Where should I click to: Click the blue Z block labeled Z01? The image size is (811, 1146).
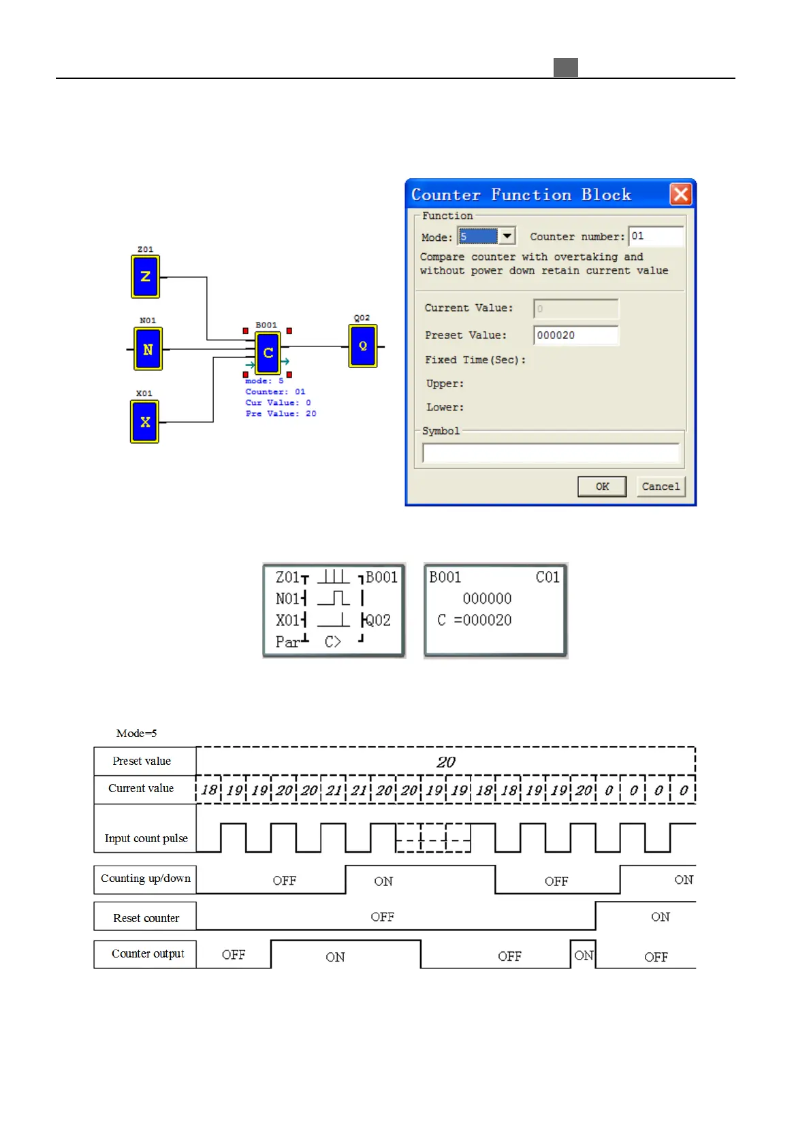pos(145,276)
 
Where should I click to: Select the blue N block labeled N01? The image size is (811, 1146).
pos(148,349)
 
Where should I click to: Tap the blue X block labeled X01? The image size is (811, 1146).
pos(144,422)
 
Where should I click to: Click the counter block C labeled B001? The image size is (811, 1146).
pos(268,353)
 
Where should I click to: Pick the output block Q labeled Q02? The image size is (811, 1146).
pos(363,346)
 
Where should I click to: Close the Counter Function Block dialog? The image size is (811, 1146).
pos(680,195)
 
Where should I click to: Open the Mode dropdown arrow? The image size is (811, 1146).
pos(507,236)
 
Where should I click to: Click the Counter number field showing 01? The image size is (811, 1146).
pos(655,236)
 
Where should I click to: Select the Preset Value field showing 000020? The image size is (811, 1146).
pos(575,335)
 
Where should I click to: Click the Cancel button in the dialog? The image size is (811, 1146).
pos(660,487)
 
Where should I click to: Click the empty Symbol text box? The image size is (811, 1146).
pos(550,453)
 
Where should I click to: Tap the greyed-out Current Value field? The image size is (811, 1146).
pos(575,308)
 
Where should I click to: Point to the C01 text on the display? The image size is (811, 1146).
pos(547,577)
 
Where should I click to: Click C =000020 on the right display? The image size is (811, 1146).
pos(475,620)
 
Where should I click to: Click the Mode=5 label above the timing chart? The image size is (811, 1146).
pos(136,733)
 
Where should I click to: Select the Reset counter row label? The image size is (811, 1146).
pos(146,918)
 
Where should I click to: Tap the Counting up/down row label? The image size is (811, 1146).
pos(146,879)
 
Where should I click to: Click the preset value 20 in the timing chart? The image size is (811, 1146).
pos(446,762)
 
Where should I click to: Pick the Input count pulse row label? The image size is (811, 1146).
pos(146,838)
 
